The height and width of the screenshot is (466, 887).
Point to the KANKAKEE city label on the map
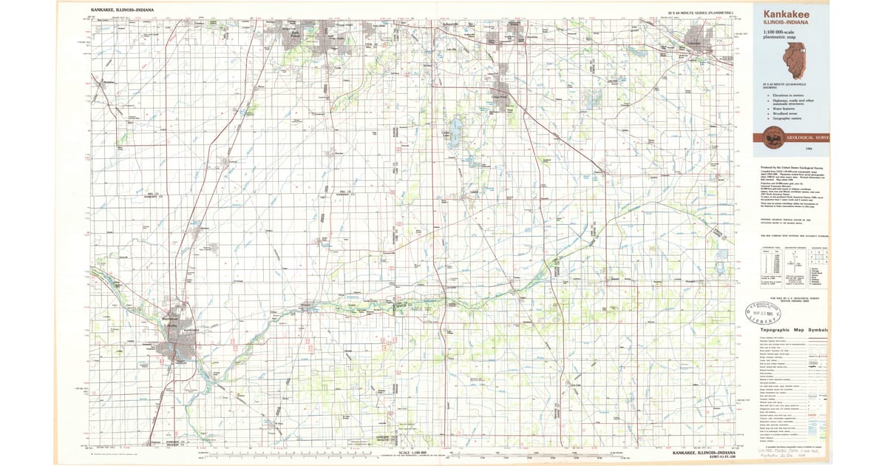[x=188, y=330]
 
